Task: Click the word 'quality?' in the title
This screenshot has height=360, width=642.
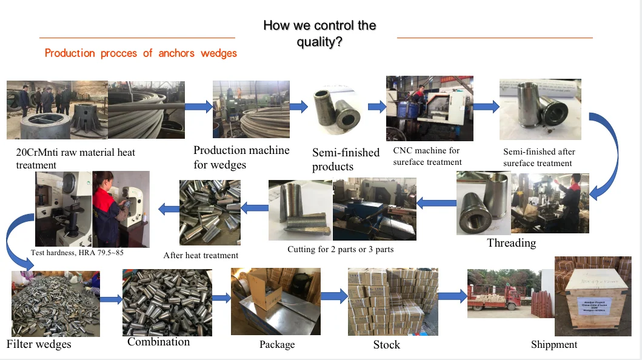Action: click(319, 42)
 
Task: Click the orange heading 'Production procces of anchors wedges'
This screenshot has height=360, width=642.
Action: click(141, 53)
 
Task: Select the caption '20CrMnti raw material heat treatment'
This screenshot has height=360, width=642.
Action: click(75, 158)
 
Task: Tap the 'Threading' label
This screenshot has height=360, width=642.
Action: click(512, 243)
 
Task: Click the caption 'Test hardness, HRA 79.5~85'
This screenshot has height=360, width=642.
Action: click(77, 252)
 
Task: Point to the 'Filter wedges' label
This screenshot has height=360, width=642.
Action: click(39, 344)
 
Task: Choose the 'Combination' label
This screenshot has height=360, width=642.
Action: click(158, 342)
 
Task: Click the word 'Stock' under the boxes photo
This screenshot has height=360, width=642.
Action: click(386, 345)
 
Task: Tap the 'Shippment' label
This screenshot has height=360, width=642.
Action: click(553, 344)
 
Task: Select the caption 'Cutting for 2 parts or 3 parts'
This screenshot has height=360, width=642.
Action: click(340, 248)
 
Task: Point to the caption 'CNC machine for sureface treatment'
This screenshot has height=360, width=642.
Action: click(427, 156)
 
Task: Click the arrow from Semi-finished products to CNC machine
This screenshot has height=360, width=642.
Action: click(377, 107)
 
